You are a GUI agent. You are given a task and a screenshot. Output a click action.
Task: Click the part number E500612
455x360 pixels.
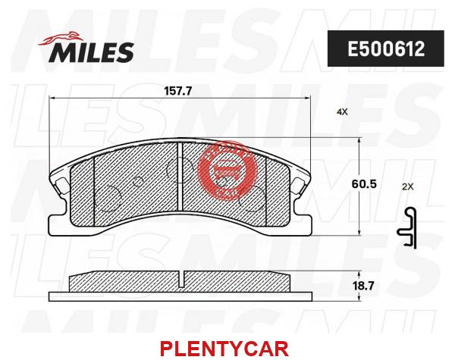(386, 49)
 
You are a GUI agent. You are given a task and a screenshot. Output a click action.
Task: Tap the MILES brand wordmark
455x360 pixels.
(91, 52)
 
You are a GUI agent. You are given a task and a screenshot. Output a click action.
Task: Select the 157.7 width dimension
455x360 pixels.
(178, 92)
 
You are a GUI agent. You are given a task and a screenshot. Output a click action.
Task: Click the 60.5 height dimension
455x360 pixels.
(363, 183)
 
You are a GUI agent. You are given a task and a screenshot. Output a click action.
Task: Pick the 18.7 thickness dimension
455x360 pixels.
(363, 286)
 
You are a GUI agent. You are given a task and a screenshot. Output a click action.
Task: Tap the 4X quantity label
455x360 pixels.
(342, 111)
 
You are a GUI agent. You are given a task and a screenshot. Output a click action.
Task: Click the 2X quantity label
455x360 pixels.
(408, 186)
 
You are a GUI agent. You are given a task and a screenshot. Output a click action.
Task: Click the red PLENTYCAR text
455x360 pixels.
(224, 349)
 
